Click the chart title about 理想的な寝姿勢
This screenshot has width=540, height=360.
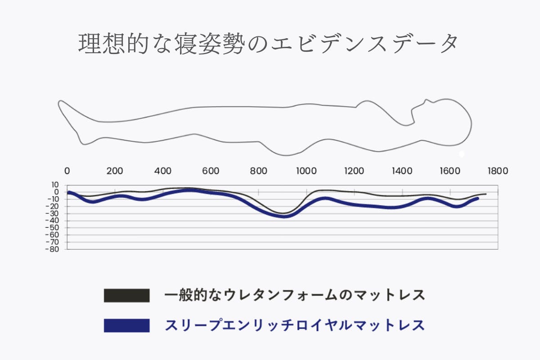pos(269,44)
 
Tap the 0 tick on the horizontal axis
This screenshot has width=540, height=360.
pos(67,171)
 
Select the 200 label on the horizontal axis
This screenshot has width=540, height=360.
pos(115,171)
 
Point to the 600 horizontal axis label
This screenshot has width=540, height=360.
pos(211,171)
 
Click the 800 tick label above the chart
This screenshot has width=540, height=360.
pos(258,171)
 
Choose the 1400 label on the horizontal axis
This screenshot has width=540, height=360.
pos(402,171)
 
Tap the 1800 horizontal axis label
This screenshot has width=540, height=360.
pos(498,171)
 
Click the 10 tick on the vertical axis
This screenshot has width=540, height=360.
pos(55,185)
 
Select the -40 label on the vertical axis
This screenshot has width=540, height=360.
pos(54,220)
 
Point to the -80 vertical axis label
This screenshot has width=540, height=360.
pos(54,249)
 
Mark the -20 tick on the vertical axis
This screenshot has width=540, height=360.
pos(54,206)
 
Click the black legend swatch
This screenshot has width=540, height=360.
pos(126,296)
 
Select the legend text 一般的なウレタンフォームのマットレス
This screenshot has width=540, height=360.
pos(295,296)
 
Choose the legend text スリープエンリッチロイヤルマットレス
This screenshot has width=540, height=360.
pos(295,325)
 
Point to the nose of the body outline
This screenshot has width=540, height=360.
pos(426,100)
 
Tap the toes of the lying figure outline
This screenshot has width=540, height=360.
pos(60,103)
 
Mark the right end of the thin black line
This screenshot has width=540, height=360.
pos(486,194)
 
